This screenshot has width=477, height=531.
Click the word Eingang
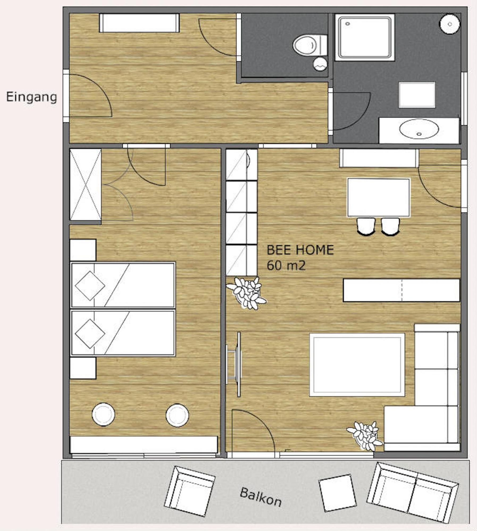31,97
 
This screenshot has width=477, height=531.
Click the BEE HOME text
300,250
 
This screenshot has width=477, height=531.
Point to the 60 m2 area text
286,265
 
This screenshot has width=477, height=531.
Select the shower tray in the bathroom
365,37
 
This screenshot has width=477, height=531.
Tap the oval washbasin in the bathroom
419,129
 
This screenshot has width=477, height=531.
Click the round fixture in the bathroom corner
450,24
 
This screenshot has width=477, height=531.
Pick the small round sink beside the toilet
320,64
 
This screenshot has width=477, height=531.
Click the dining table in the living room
379,197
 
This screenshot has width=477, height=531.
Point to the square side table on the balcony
337,493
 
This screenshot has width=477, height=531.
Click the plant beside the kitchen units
246,293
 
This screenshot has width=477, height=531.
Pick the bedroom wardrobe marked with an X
85,184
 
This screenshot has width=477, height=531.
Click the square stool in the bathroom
417,95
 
